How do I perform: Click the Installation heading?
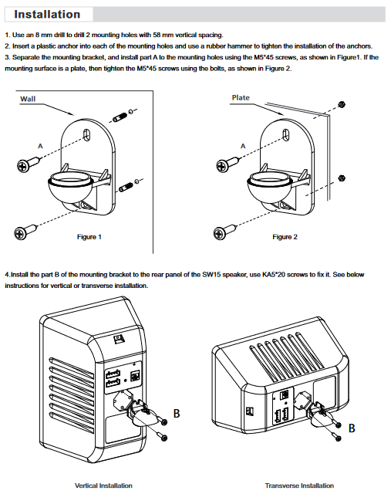point(47,14)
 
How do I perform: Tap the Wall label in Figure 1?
point(28,99)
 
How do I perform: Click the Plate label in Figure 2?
point(241,98)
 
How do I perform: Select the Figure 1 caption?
point(89,237)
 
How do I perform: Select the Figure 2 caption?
point(285,237)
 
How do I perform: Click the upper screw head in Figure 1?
point(22,165)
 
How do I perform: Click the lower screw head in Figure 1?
point(21,233)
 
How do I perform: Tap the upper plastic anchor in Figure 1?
point(120,118)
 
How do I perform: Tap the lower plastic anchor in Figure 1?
point(126,187)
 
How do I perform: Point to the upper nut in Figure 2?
point(341,104)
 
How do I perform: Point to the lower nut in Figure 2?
point(342,178)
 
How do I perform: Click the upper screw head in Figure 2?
point(222,165)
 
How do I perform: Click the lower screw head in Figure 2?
point(220,233)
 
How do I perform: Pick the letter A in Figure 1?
point(40,146)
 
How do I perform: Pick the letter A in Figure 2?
point(243,146)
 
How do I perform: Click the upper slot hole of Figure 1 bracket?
point(86,134)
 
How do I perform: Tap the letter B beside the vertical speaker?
point(177,414)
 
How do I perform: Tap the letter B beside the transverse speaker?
point(352,428)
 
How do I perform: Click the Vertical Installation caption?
point(103,486)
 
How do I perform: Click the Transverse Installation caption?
point(299,486)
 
